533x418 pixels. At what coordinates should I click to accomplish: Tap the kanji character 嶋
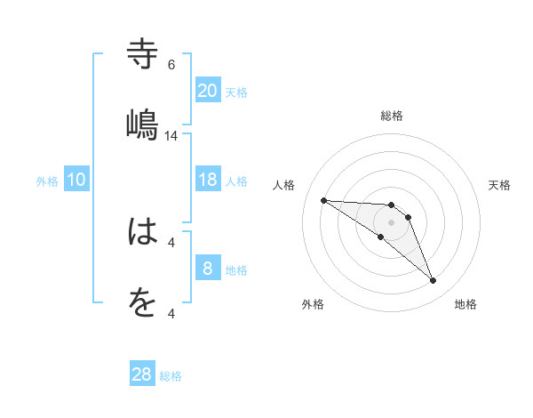pos(143,124)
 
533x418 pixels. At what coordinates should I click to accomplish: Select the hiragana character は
pos(143,233)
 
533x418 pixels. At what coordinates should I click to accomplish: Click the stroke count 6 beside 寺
pos(171,64)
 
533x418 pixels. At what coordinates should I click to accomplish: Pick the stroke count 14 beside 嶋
pos(171,135)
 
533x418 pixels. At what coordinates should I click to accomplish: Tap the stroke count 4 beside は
pos(171,242)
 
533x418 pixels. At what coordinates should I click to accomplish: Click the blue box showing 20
pos(208,91)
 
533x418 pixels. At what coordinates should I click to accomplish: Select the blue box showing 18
pos(208,180)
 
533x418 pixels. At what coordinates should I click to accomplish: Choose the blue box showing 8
pos(208,269)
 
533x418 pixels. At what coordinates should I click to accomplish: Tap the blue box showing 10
pos(76,180)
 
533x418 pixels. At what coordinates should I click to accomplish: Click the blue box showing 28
pos(142,374)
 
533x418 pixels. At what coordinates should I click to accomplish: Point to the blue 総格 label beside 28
pos(171,376)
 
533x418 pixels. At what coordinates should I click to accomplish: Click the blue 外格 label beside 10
pos(47,181)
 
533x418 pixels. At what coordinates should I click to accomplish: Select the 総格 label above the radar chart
pos(392,116)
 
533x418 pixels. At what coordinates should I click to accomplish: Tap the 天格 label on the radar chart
pos(500,185)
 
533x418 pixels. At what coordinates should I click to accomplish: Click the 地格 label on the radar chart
pos(465,304)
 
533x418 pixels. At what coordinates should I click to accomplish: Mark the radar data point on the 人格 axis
pos(323,200)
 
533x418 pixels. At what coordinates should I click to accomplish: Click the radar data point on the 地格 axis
pos(433,281)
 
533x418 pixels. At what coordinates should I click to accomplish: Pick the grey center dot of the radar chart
pos(392,222)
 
